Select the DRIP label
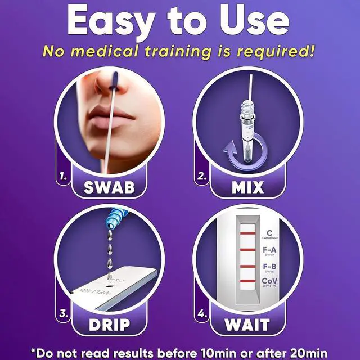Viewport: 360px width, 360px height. coord(109,325)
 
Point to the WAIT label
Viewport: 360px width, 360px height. coord(247,325)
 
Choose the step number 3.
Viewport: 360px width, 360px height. coord(64,314)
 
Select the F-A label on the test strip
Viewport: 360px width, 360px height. coord(269,250)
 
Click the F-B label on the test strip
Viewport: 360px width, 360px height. coord(269,267)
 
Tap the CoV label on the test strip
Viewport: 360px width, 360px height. coord(269,282)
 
